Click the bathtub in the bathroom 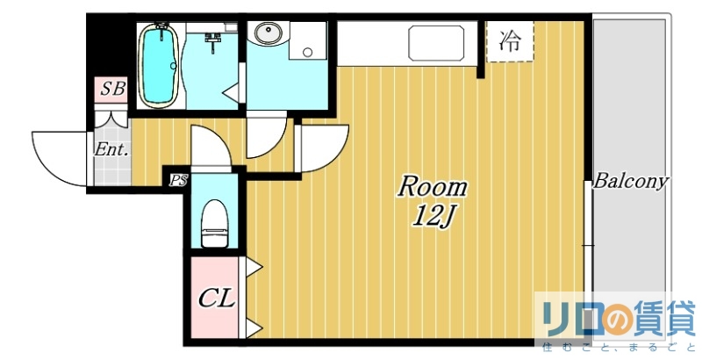[x=159, y=66]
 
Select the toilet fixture [x=214, y=224]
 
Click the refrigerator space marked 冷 [x=510, y=41]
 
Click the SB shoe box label [x=111, y=89]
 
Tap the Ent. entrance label [x=111, y=149]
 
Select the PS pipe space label [x=179, y=182]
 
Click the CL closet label [x=215, y=299]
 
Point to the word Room [x=433, y=186]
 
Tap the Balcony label [x=631, y=182]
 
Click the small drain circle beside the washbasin [x=307, y=52]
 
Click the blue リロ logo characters [x=567, y=315]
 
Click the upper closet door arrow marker [x=251, y=264]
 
